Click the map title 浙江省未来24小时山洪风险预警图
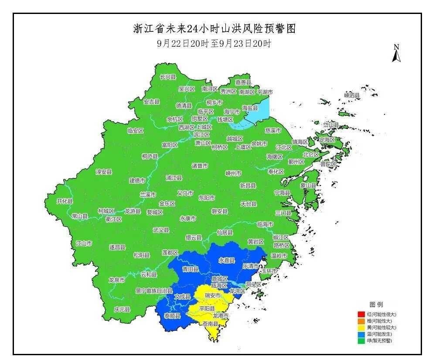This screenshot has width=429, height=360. pyautogui.click(x=214, y=29)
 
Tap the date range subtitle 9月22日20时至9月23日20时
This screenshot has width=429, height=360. pyautogui.click(x=214, y=44)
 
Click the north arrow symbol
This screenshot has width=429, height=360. pyautogui.click(x=396, y=54)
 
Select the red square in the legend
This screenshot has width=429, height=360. pyautogui.click(x=361, y=314)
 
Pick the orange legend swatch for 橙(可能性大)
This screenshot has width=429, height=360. pyautogui.click(x=361, y=321)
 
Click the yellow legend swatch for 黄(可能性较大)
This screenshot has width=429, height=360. pyautogui.click(x=361, y=327)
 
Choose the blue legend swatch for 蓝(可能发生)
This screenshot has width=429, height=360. pyautogui.click(x=361, y=334)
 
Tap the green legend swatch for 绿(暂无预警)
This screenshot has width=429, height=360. pyautogui.click(x=361, y=340)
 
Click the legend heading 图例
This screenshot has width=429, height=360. pyautogui.click(x=376, y=304)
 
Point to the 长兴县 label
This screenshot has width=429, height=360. pyautogui.click(x=168, y=77)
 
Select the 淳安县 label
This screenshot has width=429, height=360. pyautogui.click(x=104, y=172)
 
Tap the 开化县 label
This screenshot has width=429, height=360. pyautogui.click(x=65, y=201)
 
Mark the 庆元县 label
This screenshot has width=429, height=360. pyautogui.click(x=122, y=309)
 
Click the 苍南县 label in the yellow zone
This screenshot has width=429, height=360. pyautogui.click(x=211, y=324)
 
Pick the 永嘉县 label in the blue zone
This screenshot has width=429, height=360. pyautogui.click(x=227, y=261)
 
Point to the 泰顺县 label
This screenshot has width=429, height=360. pyautogui.click(x=172, y=315)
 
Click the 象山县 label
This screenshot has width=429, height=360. pyautogui.click(x=308, y=185)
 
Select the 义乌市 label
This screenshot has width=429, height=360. pyautogui.click(x=185, y=193)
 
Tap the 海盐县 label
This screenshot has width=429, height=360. pyautogui.click(x=250, y=108)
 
